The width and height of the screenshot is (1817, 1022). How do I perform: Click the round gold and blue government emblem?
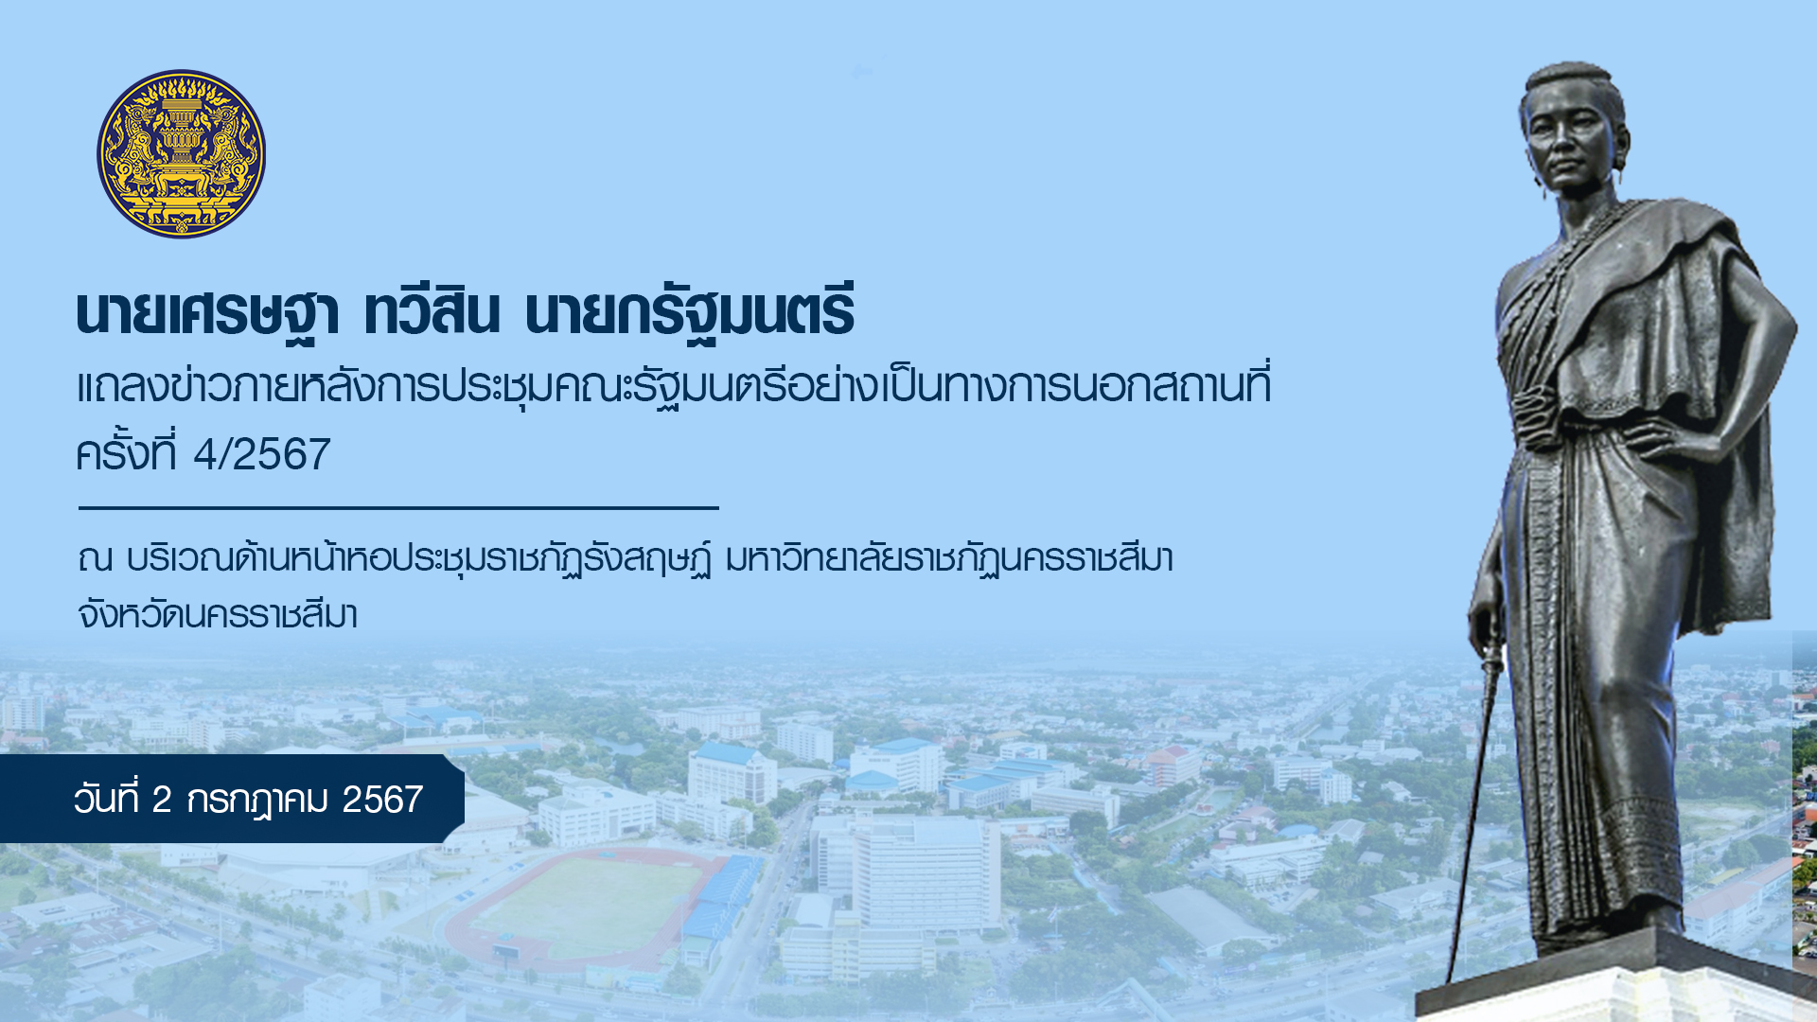pos(181,153)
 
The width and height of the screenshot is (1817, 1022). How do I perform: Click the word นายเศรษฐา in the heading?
pos(207,312)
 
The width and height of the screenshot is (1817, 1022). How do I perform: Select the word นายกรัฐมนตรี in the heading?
pos(690,312)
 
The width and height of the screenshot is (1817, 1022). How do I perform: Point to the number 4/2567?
pos(262,455)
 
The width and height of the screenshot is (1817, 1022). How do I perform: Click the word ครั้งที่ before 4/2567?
pos(126,451)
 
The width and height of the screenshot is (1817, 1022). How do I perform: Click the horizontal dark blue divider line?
pos(398,508)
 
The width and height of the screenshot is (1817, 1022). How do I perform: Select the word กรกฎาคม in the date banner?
pos(256,801)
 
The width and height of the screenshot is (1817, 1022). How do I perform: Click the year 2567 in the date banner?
pos(382,801)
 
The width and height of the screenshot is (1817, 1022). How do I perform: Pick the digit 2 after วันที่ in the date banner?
pos(161,801)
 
